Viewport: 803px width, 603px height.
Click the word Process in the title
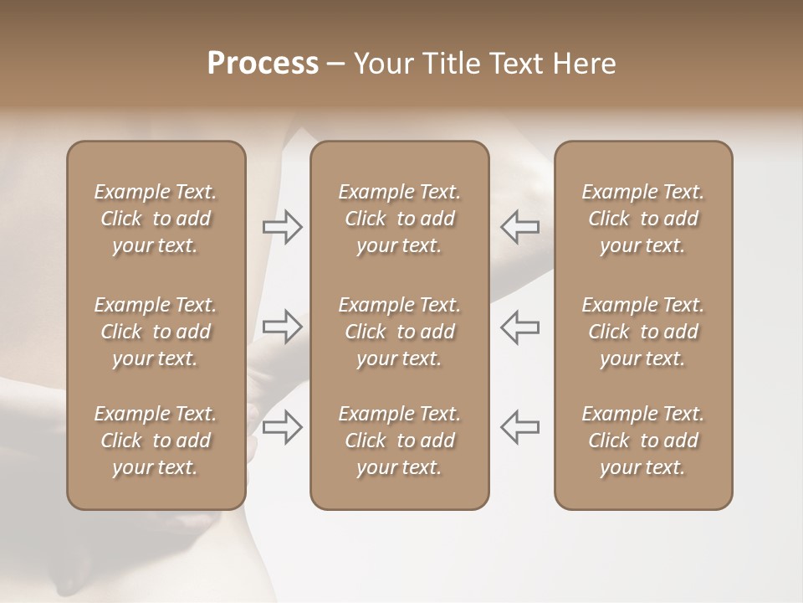point(263,64)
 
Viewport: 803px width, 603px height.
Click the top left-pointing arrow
point(519,227)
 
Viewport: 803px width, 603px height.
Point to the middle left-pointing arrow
point(519,327)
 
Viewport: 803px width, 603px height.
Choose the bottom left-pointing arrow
point(519,427)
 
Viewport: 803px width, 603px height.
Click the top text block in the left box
point(156,219)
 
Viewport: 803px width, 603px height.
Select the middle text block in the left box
point(156,332)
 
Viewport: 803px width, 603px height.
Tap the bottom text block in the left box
point(156,441)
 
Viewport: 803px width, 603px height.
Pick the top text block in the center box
point(400,219)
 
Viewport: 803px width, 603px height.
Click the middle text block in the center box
point(400,332)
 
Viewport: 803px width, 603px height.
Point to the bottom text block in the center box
point(400,441)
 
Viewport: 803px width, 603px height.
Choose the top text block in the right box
point(643,219)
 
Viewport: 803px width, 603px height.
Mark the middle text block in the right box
point(643,332)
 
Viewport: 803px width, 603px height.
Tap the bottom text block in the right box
point(643,441)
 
